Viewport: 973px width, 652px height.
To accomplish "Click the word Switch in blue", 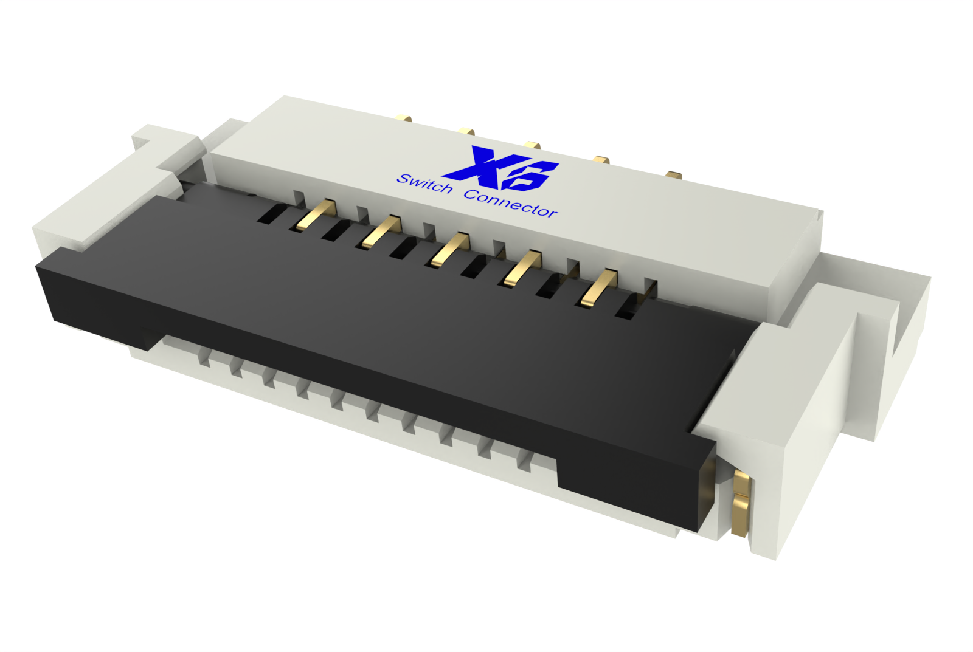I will click(x=424, y=184).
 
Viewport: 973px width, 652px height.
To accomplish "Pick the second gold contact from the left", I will click(x=381, y=232).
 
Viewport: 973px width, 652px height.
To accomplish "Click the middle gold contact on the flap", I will click(x=449, y=249).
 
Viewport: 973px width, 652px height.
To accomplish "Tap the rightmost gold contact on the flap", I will click(x=598, y=287).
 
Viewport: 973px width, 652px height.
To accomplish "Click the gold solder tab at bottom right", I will click(x=740, y=504).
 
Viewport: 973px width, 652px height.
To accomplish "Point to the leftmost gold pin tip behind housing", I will click(x=403, y=118).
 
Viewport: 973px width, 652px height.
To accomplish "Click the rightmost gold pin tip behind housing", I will click(x=673, y=175).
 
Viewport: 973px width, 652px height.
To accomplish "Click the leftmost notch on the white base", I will click(x=205, y=360).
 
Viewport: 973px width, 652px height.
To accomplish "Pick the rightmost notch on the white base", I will click(x=524, y=462).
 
